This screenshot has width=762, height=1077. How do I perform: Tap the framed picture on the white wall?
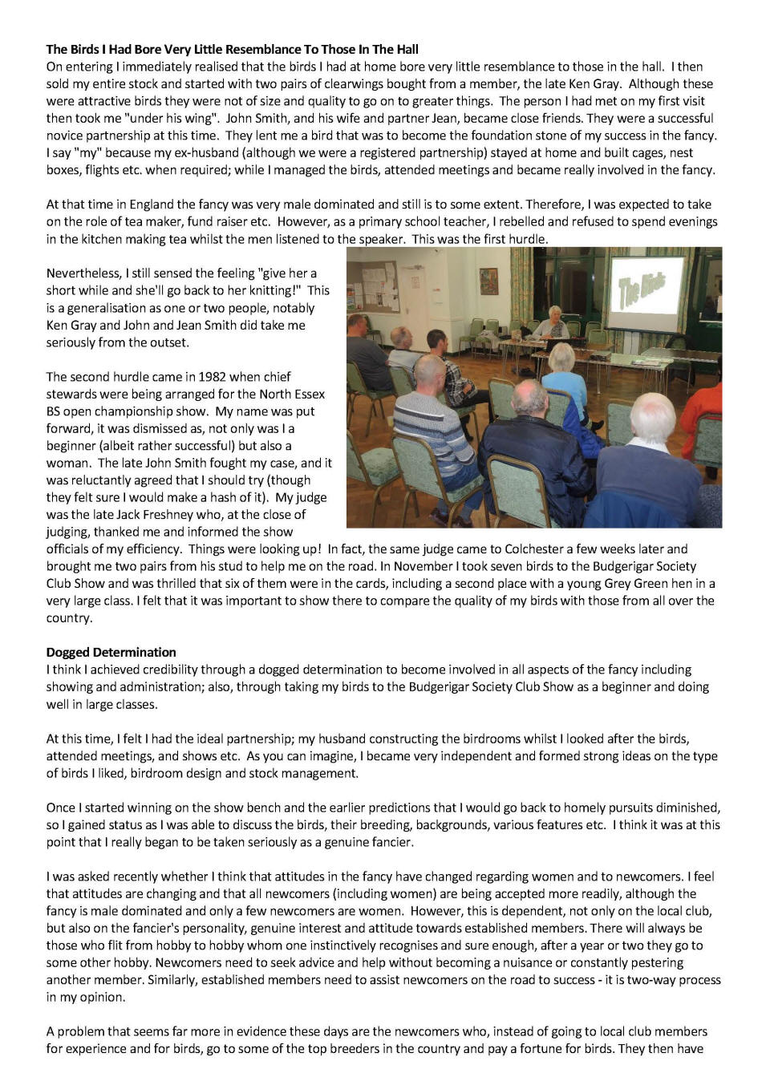pos(488,281)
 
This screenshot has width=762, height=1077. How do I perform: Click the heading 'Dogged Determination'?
pos(111,652)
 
